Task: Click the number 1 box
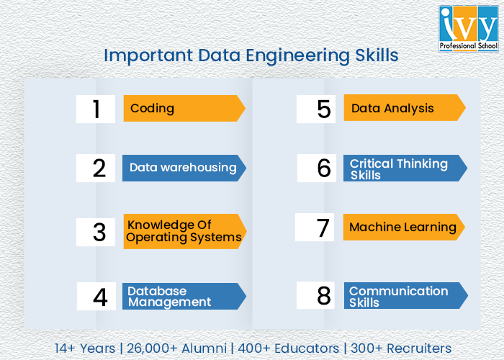tap(96, 109)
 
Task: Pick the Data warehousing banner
tap(183, 168)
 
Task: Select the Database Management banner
tap(183, 296)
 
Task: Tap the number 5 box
tap(317, 109)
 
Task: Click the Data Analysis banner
tap(403, 109)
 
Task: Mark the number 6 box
tap(317, 168)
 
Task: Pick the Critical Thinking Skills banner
tap(403, 168)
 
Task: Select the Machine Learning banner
tap(402, 228)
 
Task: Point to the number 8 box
tap(317, 295)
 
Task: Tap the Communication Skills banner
tap(404, 295)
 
